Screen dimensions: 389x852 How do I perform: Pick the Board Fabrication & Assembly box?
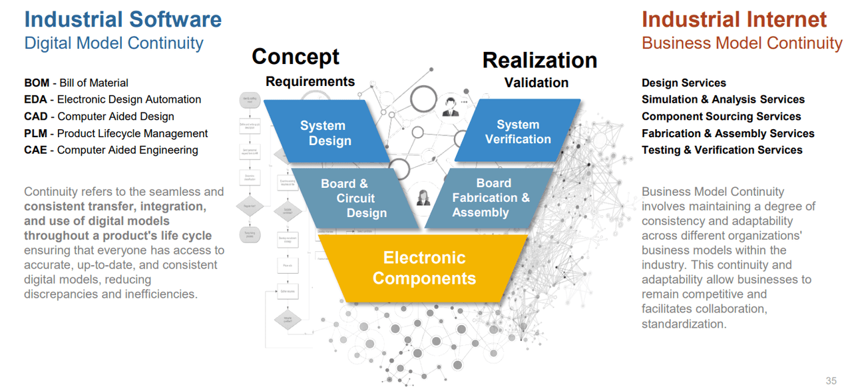tap(491, 198)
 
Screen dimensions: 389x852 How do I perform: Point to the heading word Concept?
tap(296, 57)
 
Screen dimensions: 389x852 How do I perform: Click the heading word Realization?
tap(539, 60)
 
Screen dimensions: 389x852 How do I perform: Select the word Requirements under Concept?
tap(310, 82)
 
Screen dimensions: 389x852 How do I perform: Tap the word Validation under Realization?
tap(536, 83)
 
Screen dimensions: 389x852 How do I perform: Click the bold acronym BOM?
tap(37, 83)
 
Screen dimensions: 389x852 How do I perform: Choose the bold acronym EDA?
tap(36, 100)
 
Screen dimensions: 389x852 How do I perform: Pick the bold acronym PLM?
tap(36, 134)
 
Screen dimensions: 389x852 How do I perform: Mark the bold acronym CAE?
tap(36, 151)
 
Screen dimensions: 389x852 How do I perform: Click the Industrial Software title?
tap(123, 19)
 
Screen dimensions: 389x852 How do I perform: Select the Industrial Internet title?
tap(734, 19)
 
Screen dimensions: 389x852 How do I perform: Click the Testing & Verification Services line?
tap(722, 151)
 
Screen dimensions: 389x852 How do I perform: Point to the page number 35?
tap(831, 381)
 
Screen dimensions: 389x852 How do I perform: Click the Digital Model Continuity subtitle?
tap(114, 43)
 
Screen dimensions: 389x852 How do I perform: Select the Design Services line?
tap(684, 83)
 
